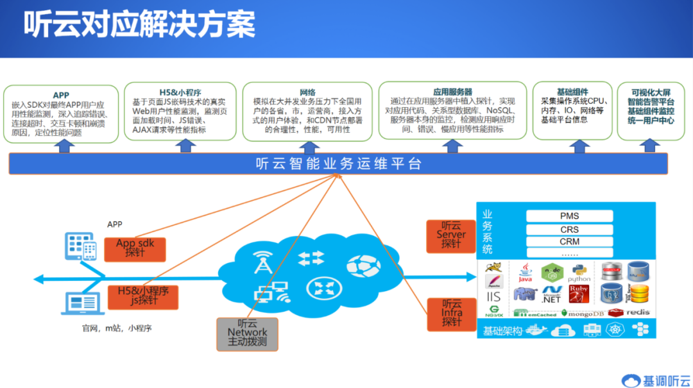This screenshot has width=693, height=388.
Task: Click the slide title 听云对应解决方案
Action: pyautogui.click(x=139, y=25)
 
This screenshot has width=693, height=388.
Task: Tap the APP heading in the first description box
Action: pyautogui.click(x=61, y=95)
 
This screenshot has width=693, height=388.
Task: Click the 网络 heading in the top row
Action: pyautogui.click(x=307, y=92)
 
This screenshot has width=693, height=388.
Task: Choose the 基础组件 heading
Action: pyautogui.click(x=564, y=92)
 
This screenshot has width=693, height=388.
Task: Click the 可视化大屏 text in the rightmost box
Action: pyautogui.click(x=650, y=92)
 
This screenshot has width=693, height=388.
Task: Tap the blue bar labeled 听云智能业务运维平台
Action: pyautogui.click(x=338, y=164)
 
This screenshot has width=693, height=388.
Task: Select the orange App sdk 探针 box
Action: pyautogui.click(x=135, y=248)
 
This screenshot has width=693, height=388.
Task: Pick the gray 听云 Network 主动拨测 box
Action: pyautogui.click(x=247, y=332)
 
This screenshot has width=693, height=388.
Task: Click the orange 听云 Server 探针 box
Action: pyautogui.click(x=451, y=235)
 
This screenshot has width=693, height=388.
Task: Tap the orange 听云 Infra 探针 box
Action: pyautogui.click(x=451, y=312)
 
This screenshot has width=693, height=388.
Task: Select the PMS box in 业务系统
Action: pyautogui.click(x=569, y=216)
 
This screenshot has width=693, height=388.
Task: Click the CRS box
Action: pyautogui.click(x=569, y=229)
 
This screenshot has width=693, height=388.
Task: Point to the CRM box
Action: pyautogui.click(x=569, y=242)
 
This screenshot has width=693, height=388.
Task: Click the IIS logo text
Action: pyautogui.click(x=493, y=297)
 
